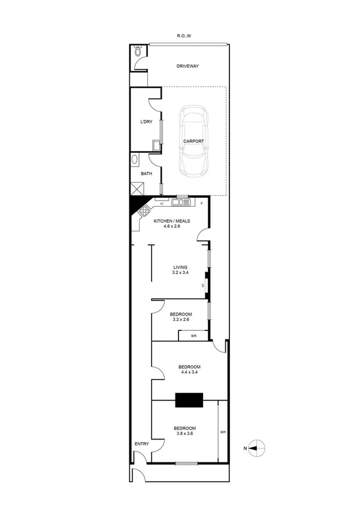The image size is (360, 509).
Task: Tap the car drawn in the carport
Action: pyautogui.click(x=193, y=141)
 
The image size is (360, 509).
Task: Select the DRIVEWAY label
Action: pyautogui.click(x=187, y=66)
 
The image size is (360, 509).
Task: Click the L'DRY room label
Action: pyautogui.click(x=146, y=122)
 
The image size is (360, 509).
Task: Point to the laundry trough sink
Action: pyautogui.click(x=156, y=144)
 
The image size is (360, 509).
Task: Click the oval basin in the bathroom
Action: pyautogui.click(x=135, y=160)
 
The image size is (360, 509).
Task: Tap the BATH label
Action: pyautogui.click(x=146, y=174)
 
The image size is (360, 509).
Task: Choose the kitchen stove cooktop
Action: pyautogui.click(x=145, y=210)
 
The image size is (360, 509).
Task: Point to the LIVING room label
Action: pyautogui.click(x=180, y=267)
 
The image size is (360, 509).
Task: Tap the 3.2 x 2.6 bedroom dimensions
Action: pyautogui.click(x=180, y=321)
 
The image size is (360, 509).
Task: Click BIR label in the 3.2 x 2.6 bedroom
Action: pyautogui.click(x=193, y=336)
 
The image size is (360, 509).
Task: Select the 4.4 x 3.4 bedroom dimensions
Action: pyautogui.click(x=189, y=373)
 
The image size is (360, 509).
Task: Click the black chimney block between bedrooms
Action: pyautogui.click(x=189, y=400)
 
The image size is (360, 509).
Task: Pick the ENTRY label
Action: pyautogui.click(x=142, y=444)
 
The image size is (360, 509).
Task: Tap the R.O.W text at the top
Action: pyautogui.click(x=184, y=36)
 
